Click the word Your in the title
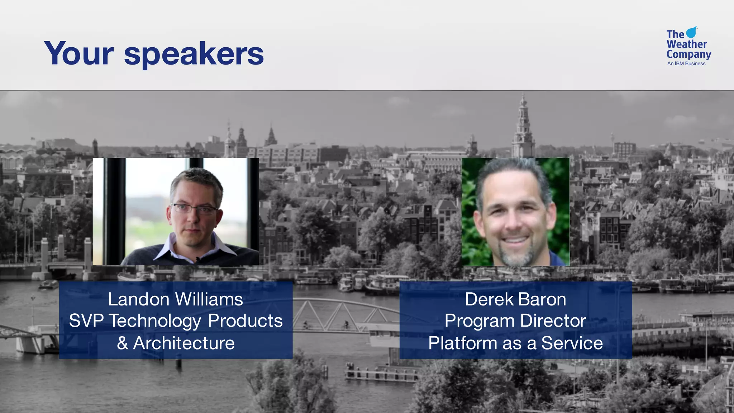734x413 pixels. (79, 54)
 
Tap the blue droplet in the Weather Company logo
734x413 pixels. (691, 32)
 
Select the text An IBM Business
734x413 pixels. (686, 63)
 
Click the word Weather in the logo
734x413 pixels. (686, 44)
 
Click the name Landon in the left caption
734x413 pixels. (139, 299)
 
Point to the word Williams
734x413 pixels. (209, 299)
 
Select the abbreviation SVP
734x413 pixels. (86, 321)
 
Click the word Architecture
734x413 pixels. (184, 343)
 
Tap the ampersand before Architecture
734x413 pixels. (123, 343)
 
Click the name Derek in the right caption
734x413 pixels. (489, 299)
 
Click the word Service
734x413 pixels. (572, 343)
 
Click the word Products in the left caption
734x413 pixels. (245, 321)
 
